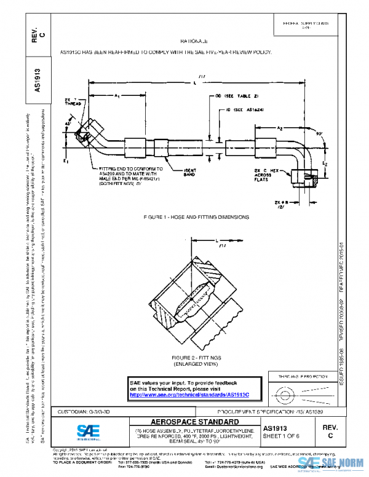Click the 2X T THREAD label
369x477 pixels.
[72, 101]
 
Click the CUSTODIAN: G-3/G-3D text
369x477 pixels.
[84, 410]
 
